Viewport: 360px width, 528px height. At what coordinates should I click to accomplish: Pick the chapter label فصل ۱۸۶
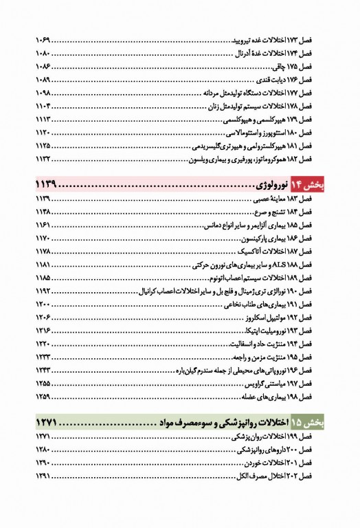(x=312, y=237)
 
